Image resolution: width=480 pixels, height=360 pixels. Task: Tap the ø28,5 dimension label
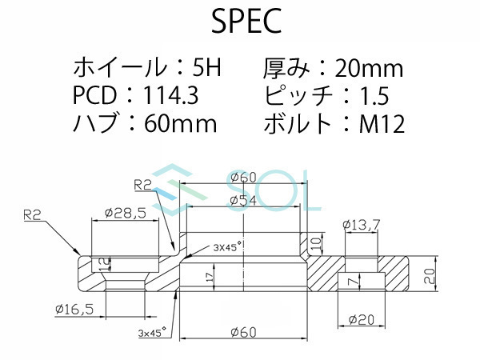pos(125,214)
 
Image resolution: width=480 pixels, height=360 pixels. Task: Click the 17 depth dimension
pos(209,278)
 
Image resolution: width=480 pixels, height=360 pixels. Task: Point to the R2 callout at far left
pos(33,214)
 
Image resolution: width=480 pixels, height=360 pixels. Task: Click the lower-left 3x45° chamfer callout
pos(152,330)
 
